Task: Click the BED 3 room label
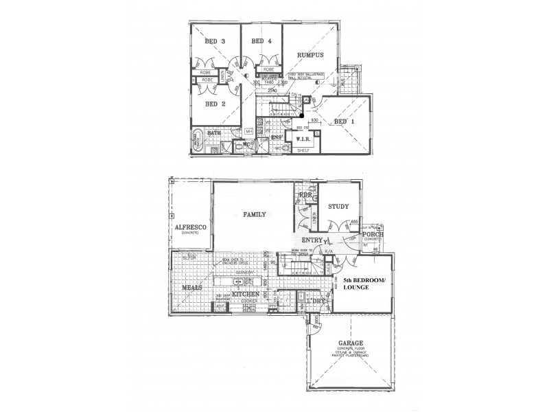(215, 41)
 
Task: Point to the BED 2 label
(215, 104)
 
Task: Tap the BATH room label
(214, 133)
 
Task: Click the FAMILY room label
(254, 215)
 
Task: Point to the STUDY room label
(339, 206)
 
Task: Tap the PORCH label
(375, 235)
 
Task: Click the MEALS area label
(192, 288)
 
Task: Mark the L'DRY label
(317, 302)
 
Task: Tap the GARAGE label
(350, 343)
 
